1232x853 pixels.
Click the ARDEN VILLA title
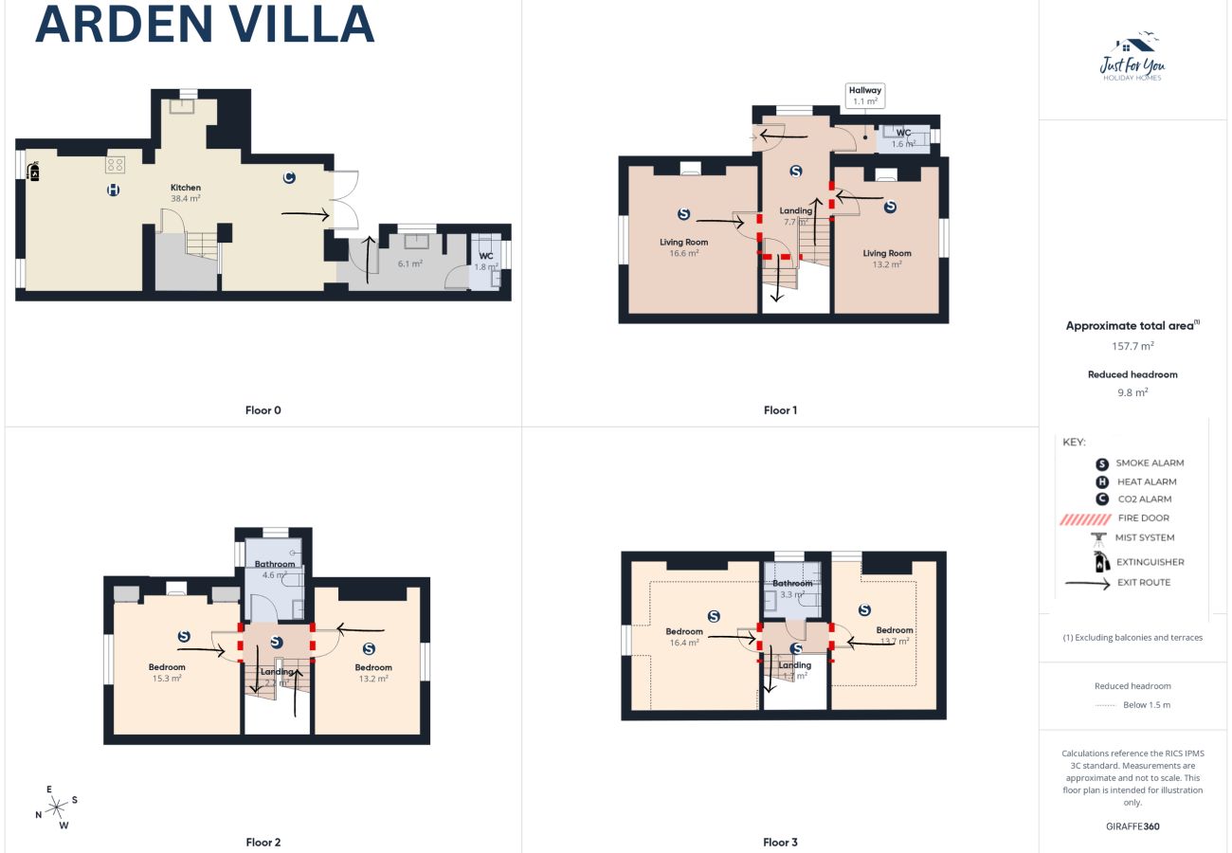click(x=205, y=25)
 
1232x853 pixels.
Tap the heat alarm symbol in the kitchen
click(x=114, y=191)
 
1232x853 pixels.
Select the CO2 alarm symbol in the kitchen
click(x=288, y=177)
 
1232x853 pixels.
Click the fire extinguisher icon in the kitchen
click(x=35, y=172)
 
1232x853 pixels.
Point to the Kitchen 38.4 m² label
click(x=185, y=192)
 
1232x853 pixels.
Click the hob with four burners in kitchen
click(x=116, y=165)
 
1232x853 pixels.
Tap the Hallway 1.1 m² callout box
click(x=865, y=96)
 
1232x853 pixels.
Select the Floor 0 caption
click(x=263, y=410)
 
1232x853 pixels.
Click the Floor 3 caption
click(x=781, y=842)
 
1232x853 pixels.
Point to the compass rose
click(x=56, y=807)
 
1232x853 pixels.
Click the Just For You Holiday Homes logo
click(x=1132, y=59)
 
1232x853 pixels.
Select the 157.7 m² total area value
click(x=1132, y=346)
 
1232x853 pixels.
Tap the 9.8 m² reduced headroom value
click(x=1132, y=391)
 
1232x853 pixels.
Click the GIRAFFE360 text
click(x=1132, y=826)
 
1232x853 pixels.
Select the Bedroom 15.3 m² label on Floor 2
click(x=167, y=672)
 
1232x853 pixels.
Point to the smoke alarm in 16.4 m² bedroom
click(x=714, y=616)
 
